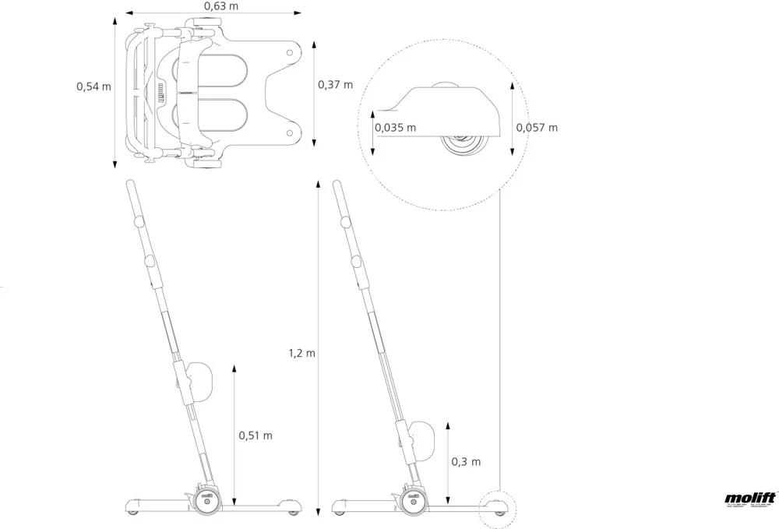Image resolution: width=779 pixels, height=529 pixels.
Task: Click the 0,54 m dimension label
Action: [93, 86]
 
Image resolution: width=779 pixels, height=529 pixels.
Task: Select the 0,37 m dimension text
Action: [335, 84]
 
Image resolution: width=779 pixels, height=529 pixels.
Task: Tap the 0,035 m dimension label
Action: [395, 127]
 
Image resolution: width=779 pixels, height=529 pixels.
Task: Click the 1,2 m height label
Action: [301, 353]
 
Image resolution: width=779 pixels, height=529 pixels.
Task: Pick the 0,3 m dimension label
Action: [466, 461]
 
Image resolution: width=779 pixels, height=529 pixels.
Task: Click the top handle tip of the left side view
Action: [129, 188]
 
